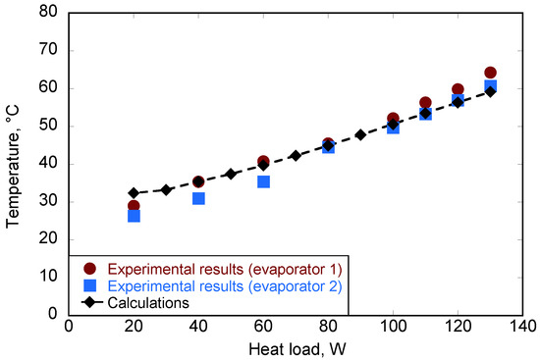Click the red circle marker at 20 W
click(x=134, y=206)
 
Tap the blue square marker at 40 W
click(x=198, y=198)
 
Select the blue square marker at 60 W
click(x=263, y=181)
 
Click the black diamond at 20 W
click(x=134, y=193)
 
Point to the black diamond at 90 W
click(x=360, y=134)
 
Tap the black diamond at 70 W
click(x=296, y=155)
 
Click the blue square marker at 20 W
click(x=134, y=216)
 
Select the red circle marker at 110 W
click(x=425, y=103)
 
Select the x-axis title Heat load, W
click(x=296, y=349)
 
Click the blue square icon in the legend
click(x=89, y=285)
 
